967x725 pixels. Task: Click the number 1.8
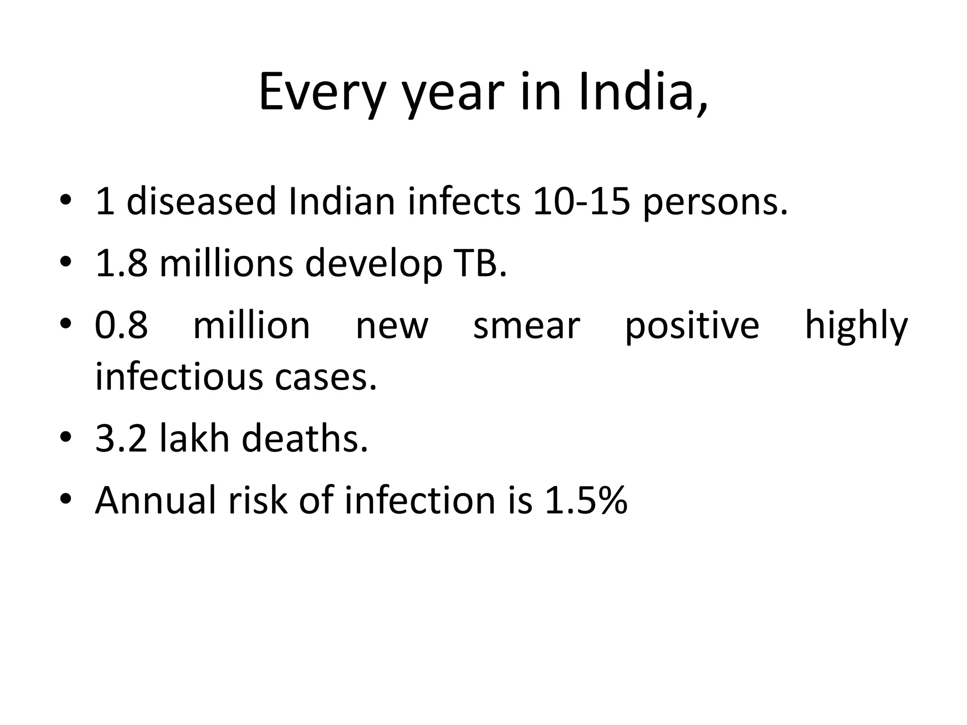click(x=121, y=263)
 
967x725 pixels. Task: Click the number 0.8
click(x=121, y=325)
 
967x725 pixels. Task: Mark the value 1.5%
click(x=586, y=500)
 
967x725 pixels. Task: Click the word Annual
click(x=156, y=500)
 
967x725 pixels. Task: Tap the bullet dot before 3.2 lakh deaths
click(x=66, y=438)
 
